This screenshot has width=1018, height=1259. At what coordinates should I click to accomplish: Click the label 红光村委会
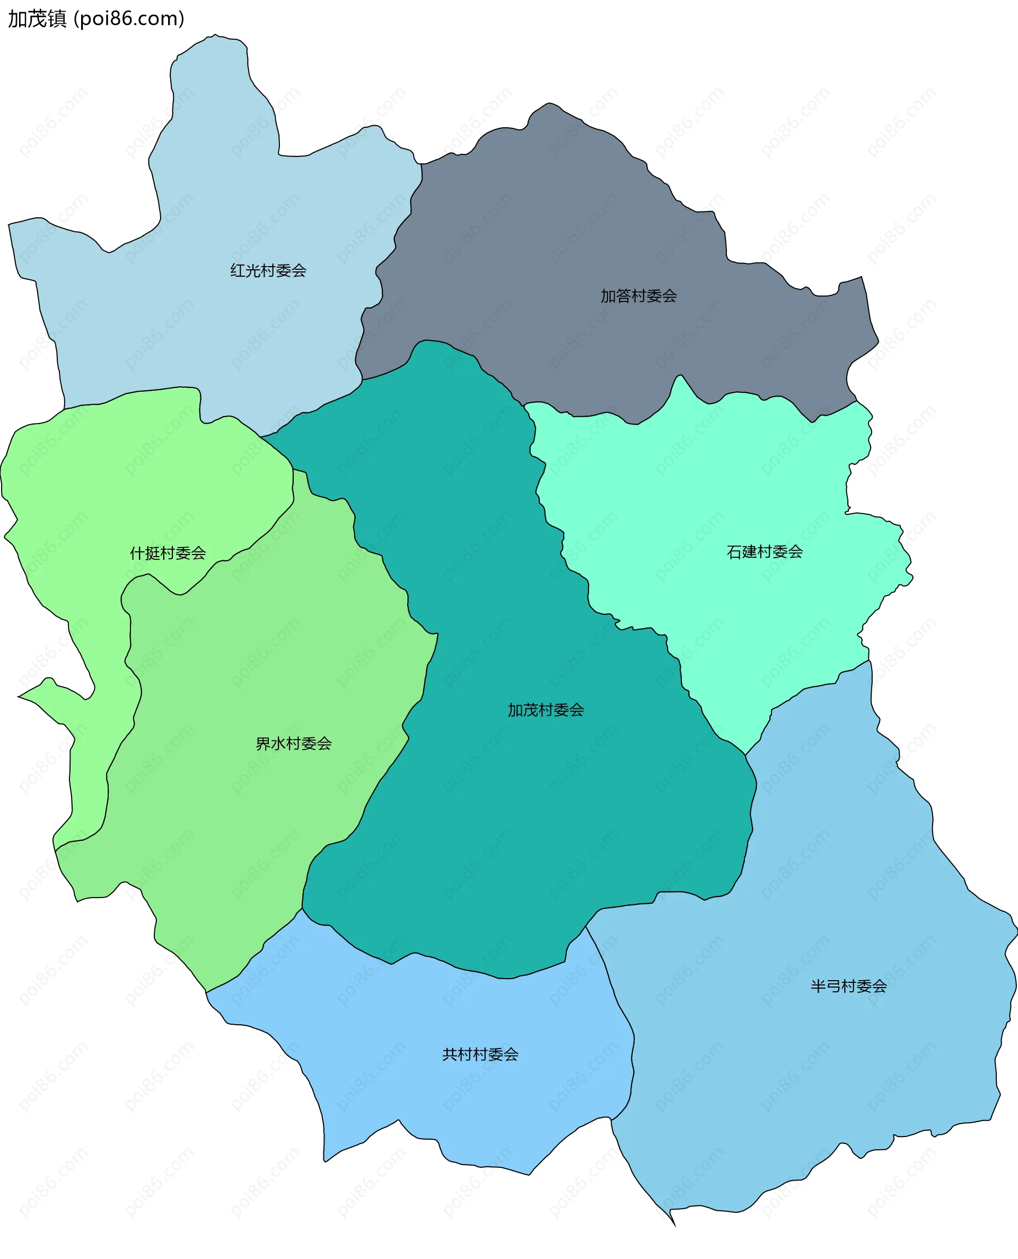click(x=268, y=270)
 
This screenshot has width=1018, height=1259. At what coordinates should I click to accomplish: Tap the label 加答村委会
click(x=638, y=296)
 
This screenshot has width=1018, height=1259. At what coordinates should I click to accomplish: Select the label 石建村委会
click(x=765, y=551)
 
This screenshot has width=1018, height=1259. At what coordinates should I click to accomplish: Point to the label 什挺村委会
click(x=168, y=553)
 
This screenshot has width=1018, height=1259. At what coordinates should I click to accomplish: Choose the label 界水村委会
click(x=294, y=744)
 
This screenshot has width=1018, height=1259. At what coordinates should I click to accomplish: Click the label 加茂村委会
click(x=546, y=710)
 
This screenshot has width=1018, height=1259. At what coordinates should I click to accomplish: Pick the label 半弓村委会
click(x=848, y=986)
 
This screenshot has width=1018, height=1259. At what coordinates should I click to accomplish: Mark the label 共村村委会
click(x=480, y=1054)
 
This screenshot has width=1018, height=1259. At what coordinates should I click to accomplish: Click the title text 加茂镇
click(x=37, y=19)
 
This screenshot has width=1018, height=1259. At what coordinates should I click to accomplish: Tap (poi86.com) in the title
click(x=129, y=19)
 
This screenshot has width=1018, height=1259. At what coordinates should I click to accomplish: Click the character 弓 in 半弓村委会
click(x=833, y=986)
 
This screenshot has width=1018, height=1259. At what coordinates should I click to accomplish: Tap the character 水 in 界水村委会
click(x=278, y=744)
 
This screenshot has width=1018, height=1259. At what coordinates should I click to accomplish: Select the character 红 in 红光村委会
click(x=238, y=270)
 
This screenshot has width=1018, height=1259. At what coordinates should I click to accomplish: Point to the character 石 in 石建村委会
click(x=734, y=551)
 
